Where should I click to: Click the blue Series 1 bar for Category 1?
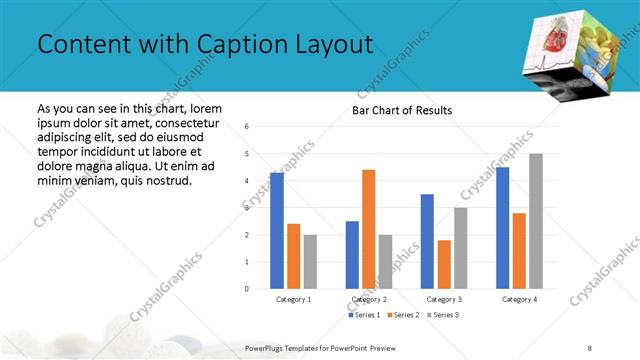[276, 231]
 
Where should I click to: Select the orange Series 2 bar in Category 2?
[368, 229]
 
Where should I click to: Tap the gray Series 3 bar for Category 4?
[536, 221]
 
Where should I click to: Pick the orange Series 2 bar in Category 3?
[443, 264]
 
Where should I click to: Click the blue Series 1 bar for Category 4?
[502, 228]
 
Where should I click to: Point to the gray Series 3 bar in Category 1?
[310, 262]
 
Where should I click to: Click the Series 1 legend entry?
[363, 315]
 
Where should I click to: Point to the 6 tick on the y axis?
[247, 127]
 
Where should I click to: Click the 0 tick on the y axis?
[247, 289]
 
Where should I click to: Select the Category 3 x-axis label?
[443, 299]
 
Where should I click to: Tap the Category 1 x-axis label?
[293, 299]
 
